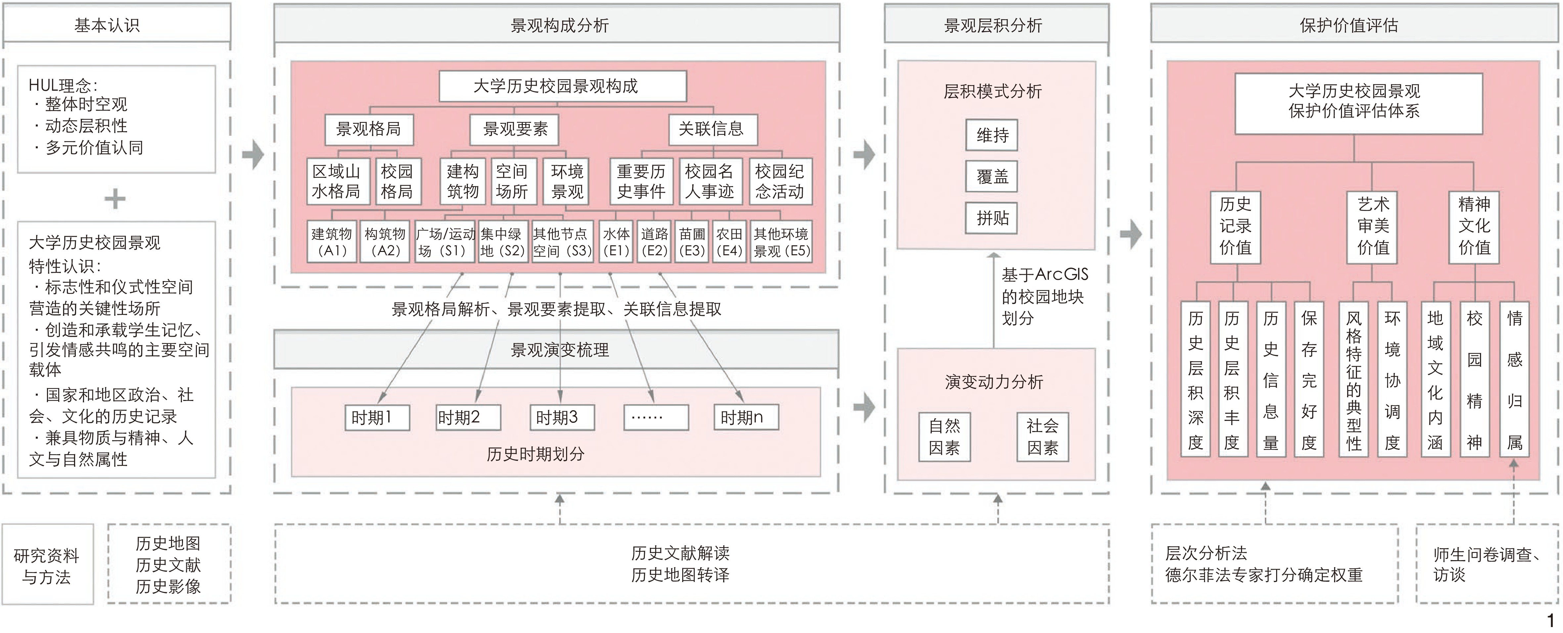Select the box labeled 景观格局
(x=369, y=129)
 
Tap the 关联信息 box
(x=712, y=129)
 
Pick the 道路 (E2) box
(x=654, y=242)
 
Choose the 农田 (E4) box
(x=729, y=242)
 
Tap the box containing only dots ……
(x=656, y=417)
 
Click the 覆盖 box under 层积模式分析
(x=992, y=176)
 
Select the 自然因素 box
(x=944, y=437)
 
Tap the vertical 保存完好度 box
(x=1309, y=379)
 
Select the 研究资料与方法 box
(x=47, y=565)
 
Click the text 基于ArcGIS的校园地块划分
(x=1044, y=296)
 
